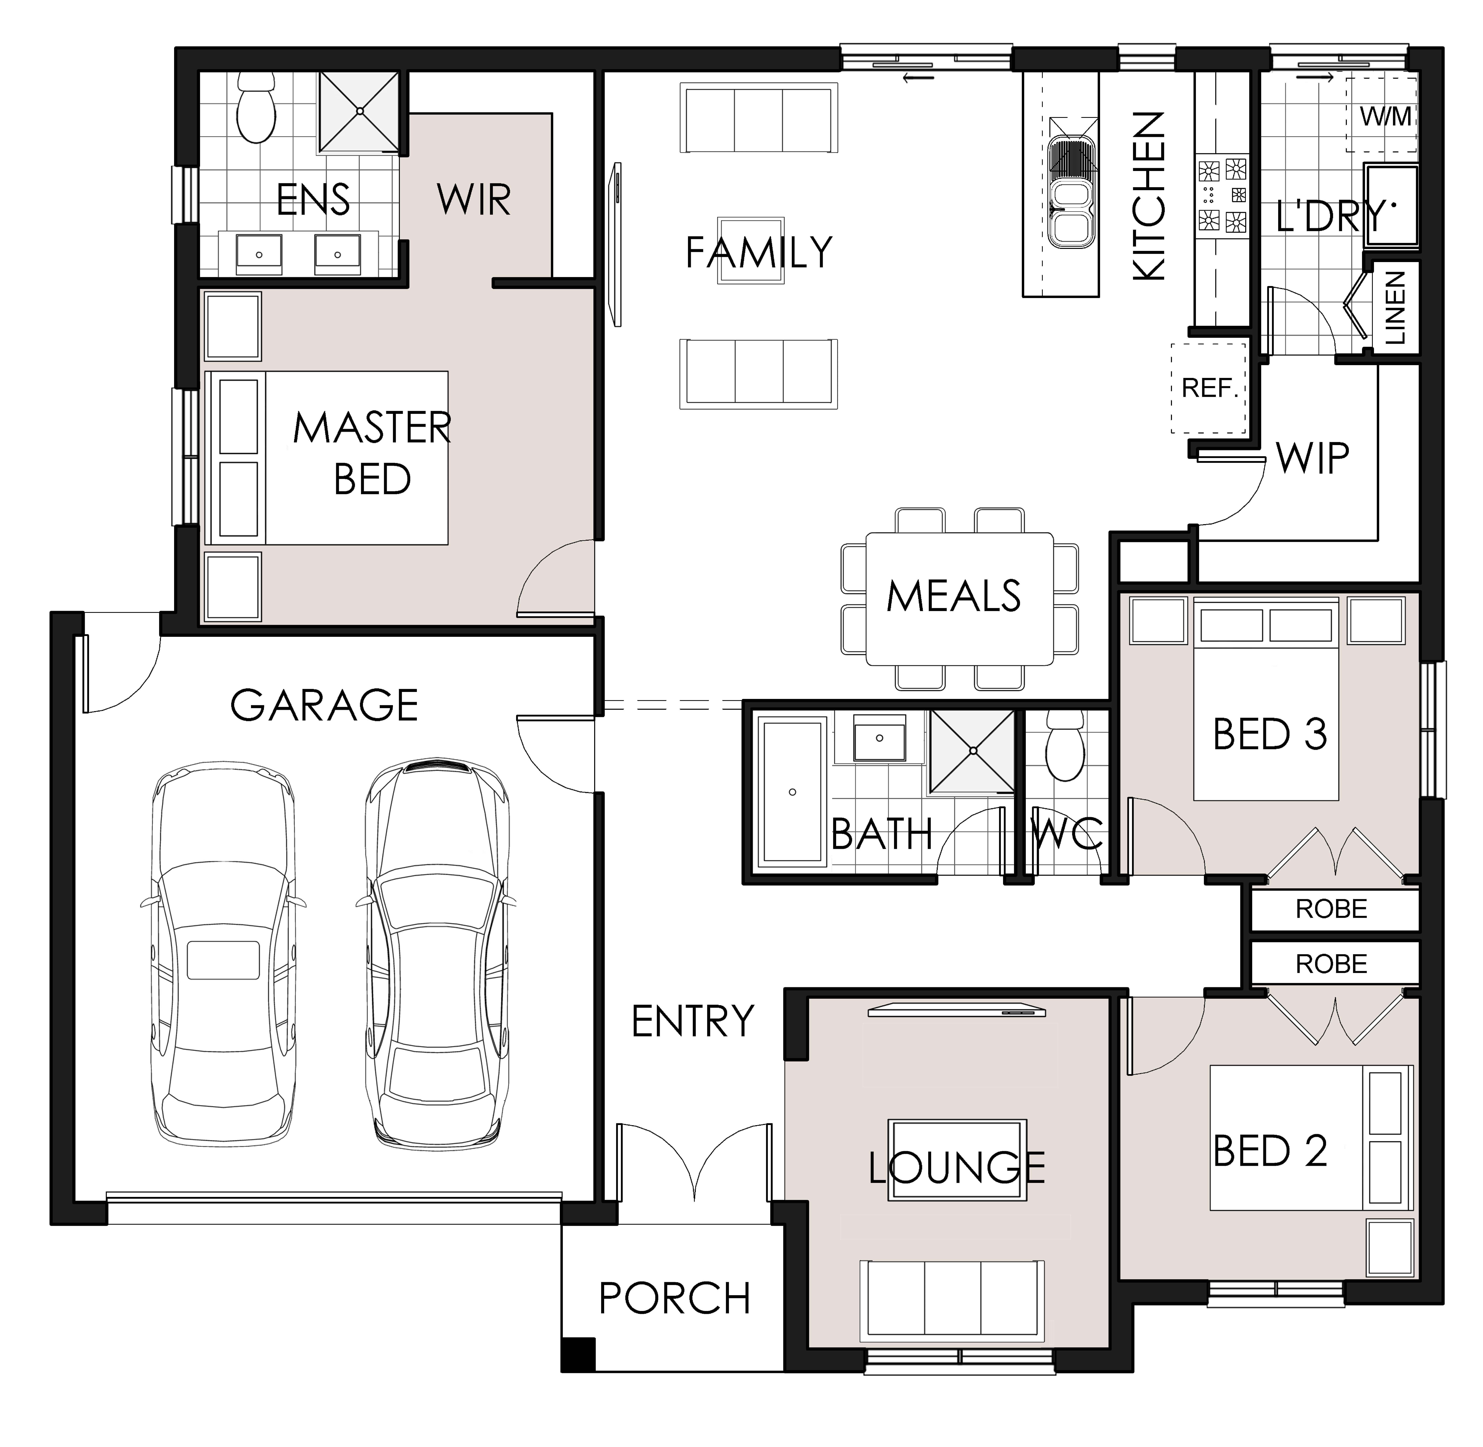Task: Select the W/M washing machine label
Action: point(1385,116)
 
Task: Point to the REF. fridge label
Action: point(1209,388)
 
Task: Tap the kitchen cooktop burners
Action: point(1222,195)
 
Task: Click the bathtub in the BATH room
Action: point(792,792)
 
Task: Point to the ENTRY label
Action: point(692,1021)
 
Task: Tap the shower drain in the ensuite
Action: point(359,111)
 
